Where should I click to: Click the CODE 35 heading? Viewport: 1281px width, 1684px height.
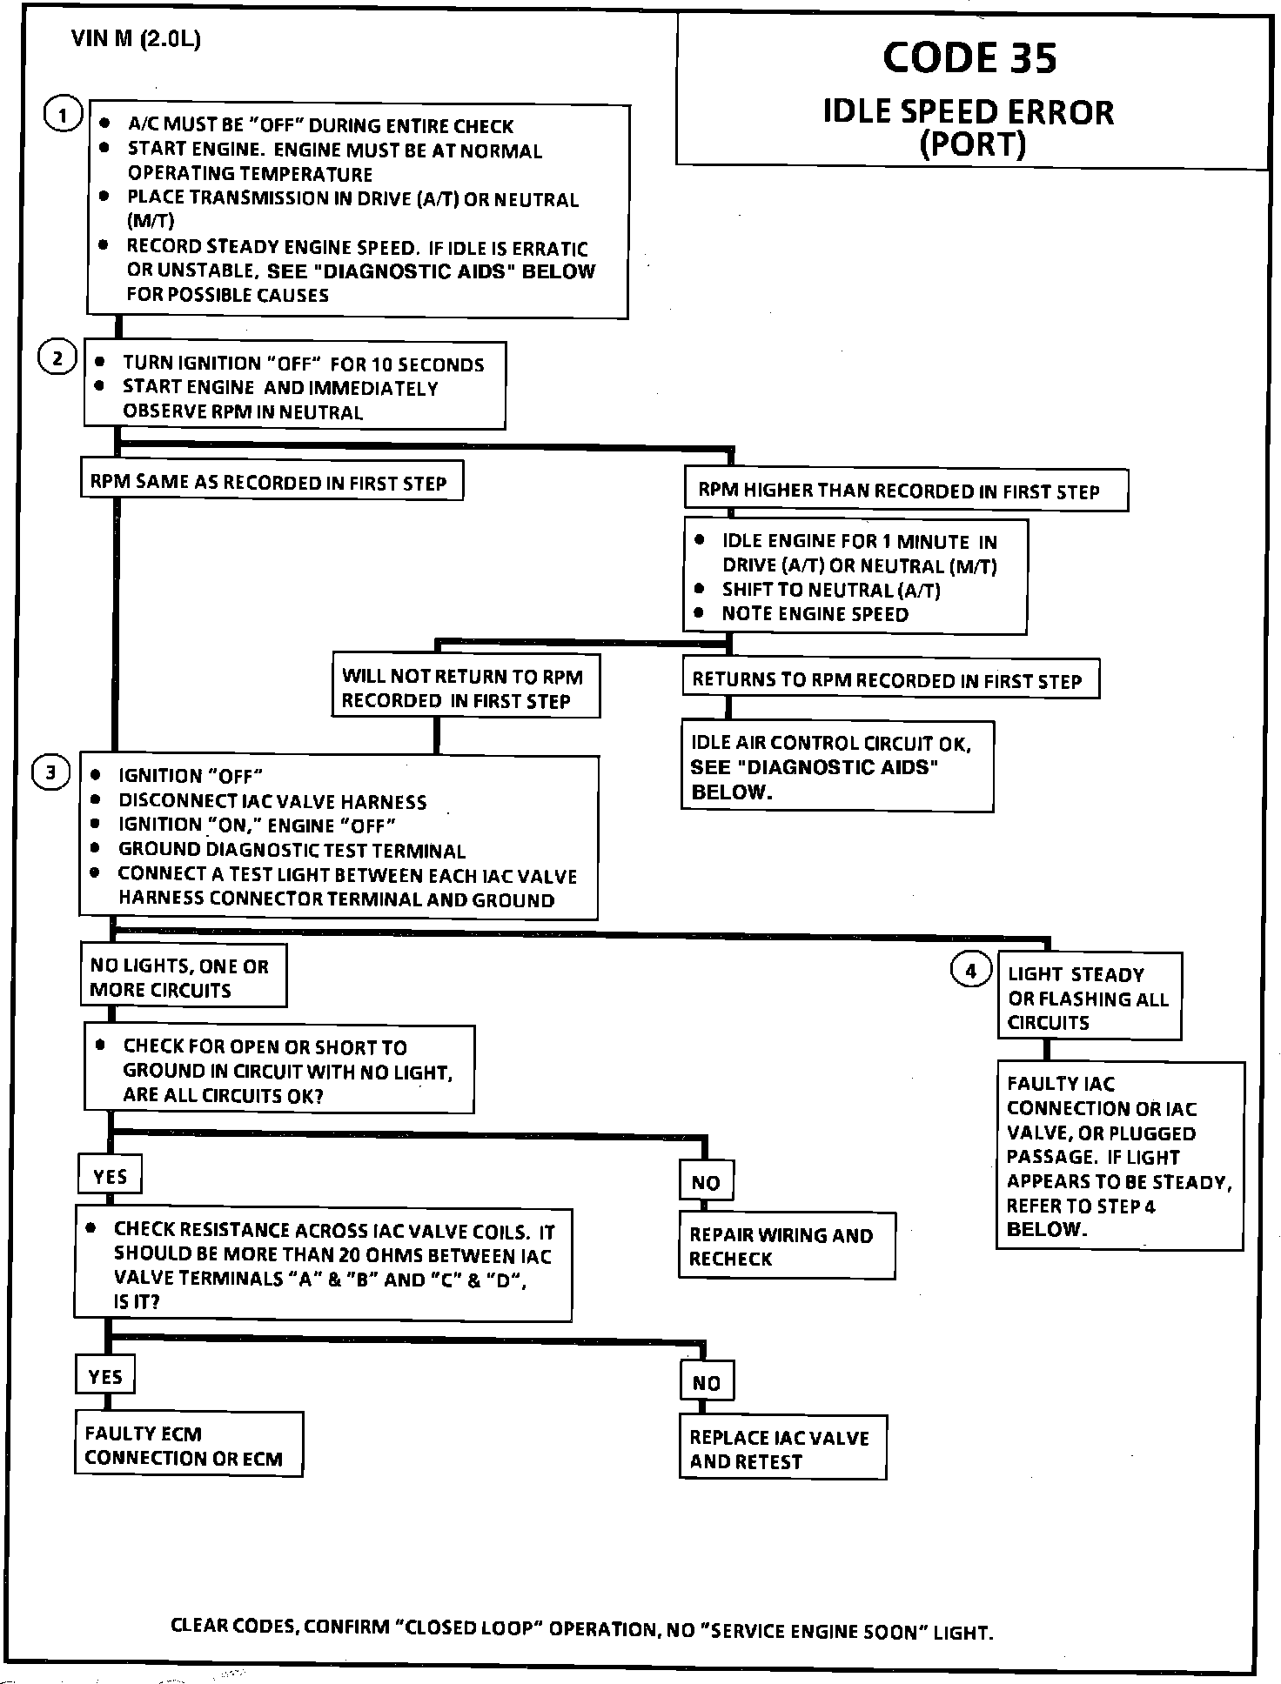tap(969, 58)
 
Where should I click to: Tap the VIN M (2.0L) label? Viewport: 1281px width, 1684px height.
tap(137, 39)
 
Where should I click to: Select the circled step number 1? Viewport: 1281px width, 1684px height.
tap(63, 115)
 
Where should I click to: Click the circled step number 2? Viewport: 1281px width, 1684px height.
tap(57, 358)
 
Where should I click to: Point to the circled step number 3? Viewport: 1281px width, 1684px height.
tap(50, 772)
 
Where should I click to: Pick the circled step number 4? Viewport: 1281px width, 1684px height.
tap(971, 971)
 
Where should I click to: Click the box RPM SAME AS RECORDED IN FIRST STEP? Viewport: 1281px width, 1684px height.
tap(271, 482)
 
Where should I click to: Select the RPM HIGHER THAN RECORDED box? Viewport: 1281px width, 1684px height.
tap(905, 491)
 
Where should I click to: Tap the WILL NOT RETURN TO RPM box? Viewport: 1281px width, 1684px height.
tap(466, 687)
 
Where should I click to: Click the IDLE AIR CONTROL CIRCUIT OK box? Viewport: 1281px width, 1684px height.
tap(836, 766)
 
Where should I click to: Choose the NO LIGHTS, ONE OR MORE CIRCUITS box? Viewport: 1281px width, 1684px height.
tap(183, 977)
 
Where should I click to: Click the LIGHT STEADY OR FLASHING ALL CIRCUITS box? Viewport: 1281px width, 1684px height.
tap(1089, 998)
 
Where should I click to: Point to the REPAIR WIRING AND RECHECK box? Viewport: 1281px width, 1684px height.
tap(786, 1246)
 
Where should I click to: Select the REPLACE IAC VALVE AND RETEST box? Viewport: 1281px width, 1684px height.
tap(781, 1449)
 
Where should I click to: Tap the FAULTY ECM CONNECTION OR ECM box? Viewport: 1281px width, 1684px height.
tap(188, 1445)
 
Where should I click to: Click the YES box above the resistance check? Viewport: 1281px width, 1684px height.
tap(110, 1176)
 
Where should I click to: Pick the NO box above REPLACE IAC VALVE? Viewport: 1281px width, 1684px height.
tap(707, 1382)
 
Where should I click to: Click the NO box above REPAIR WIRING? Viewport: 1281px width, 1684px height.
tap(706, 1182)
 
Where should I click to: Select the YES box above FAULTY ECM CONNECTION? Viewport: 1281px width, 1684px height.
tap(105, 1376)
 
